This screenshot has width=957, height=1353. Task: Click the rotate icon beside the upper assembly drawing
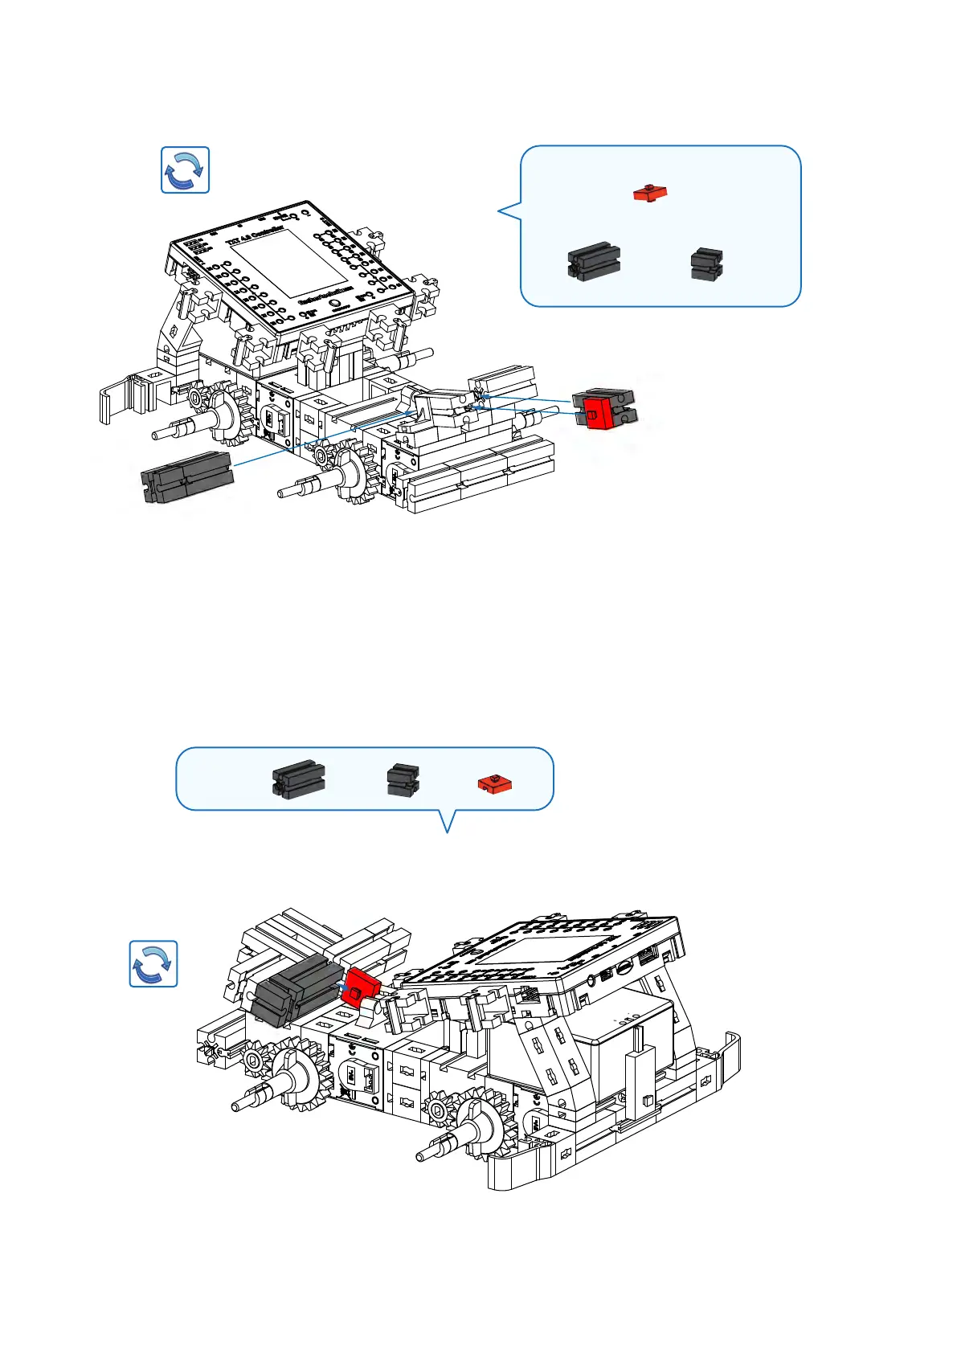coord(185,170)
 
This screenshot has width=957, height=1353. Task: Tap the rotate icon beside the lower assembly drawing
coord(153,963)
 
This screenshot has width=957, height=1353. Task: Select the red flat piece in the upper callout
coord(650,193)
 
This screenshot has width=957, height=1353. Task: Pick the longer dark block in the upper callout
coord(594,262)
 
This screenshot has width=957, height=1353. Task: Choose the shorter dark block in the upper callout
coord(707,264)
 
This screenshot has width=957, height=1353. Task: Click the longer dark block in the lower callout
coord(298,778)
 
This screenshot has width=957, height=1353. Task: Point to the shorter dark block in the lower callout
coord(403,779)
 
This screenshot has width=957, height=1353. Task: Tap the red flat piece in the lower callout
coord(496,783)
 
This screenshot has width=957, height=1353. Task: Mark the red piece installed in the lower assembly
coord(360,986)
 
